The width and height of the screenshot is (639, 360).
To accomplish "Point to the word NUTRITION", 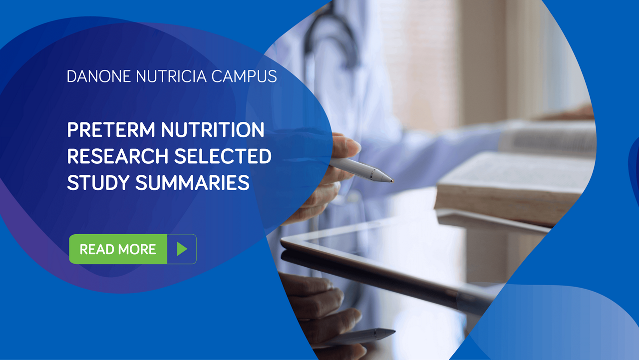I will tap(212, 130).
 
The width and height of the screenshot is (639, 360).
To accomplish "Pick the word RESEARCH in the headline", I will tap(118, 157).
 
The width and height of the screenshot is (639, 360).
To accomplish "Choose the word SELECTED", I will tap(223, 157).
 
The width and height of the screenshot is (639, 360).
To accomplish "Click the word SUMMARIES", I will tap(192, 183).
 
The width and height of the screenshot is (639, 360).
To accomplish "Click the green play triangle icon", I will tap(182, 249).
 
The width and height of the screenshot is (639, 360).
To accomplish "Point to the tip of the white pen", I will tap(392, 180).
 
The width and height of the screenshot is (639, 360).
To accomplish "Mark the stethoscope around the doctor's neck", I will tap(329, 35).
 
